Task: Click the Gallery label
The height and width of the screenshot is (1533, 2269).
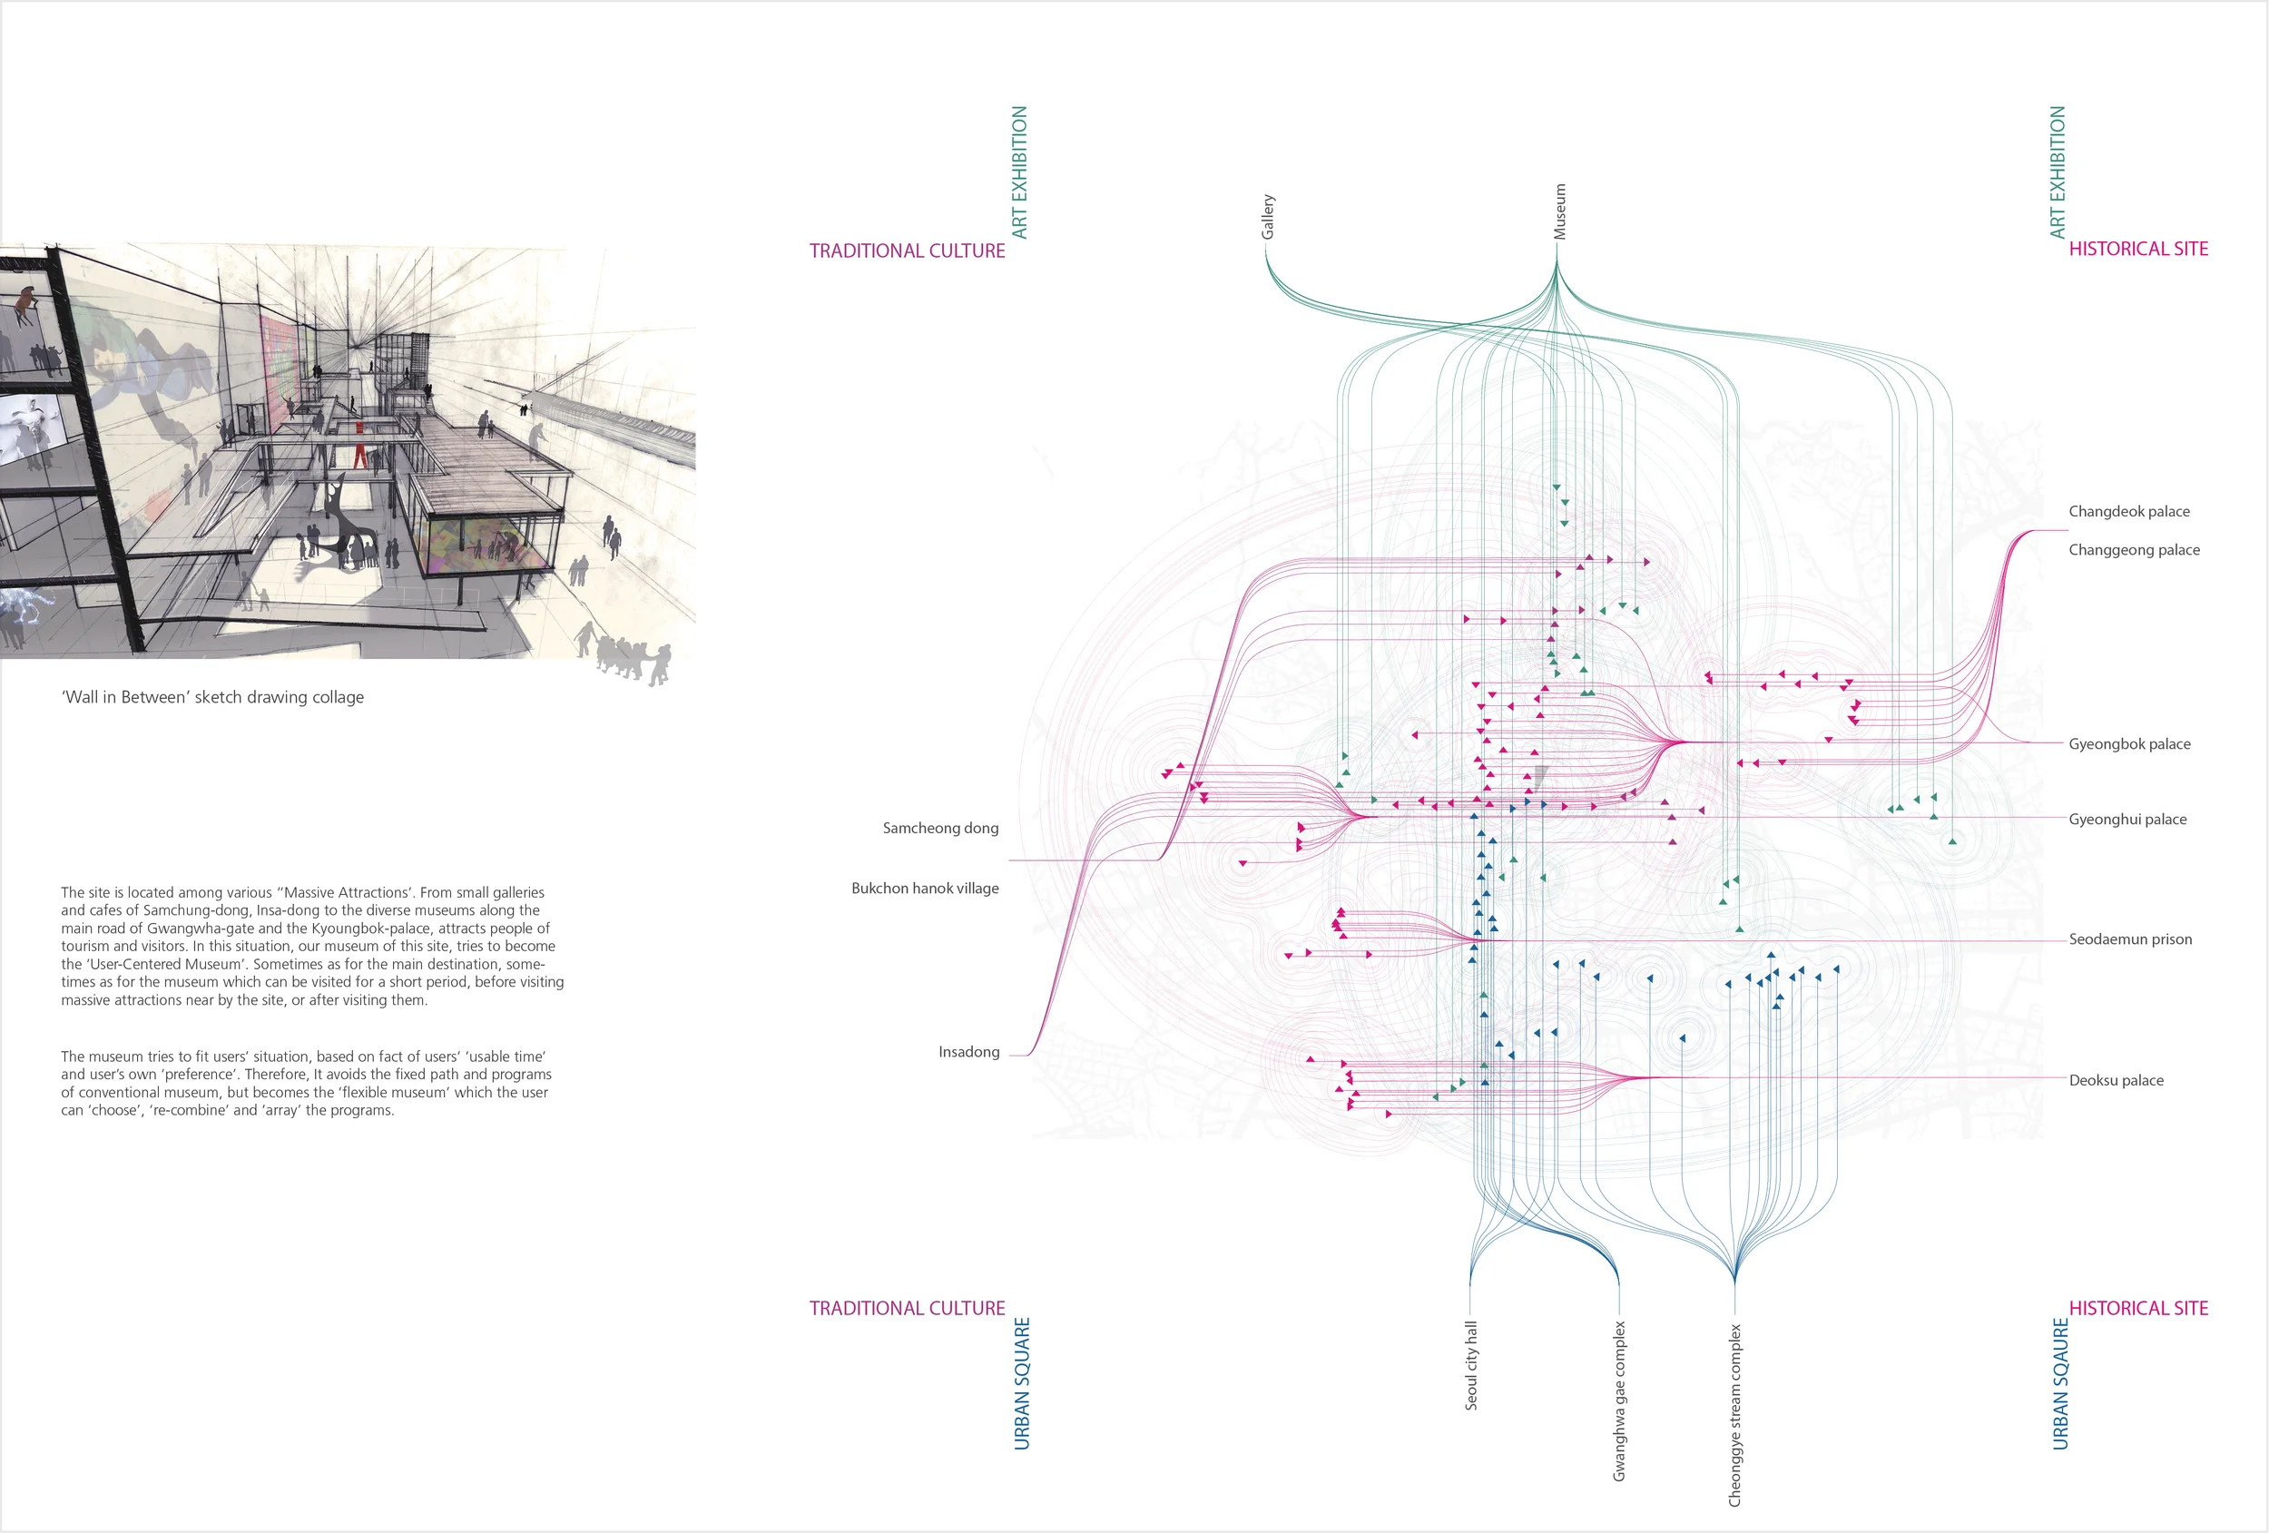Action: click(x=1267, y=217)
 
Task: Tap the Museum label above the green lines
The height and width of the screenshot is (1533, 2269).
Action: click(x=1559, y=211)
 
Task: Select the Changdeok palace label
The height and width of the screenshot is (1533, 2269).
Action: click(x=2128, y=512)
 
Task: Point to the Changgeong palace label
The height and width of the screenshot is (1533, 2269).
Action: click(x=2135, y=550)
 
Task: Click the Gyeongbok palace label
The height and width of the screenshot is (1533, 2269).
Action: click(x=2129, y=744)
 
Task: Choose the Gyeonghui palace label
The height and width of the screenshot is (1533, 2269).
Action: click(x=2127, y=820)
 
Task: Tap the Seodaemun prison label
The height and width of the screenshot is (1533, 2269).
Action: click(x=2130, y=939)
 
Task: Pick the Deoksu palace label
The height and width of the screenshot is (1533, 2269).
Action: click(x=2116, y=1080)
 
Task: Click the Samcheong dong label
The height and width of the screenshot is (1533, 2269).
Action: click(x=940, y=828)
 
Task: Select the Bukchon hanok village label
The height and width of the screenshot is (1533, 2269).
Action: click(x=925, y=889)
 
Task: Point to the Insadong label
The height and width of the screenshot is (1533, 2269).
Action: click(x=968, y=1052)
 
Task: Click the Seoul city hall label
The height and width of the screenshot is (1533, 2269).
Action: click(x=1470, y=1365)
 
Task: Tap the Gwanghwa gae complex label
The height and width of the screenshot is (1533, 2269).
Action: click(x=1619, y=1401)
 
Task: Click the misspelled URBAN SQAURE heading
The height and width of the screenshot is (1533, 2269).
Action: click(x=2060, y=1383)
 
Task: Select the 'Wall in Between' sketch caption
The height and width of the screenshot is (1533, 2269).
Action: click(x=213, y=697)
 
